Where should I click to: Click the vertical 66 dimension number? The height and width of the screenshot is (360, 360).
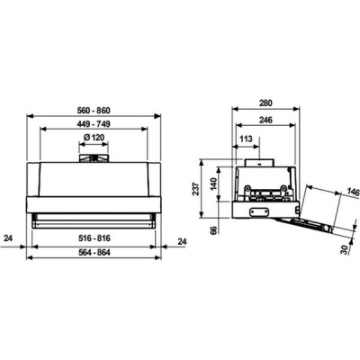(212, 232)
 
